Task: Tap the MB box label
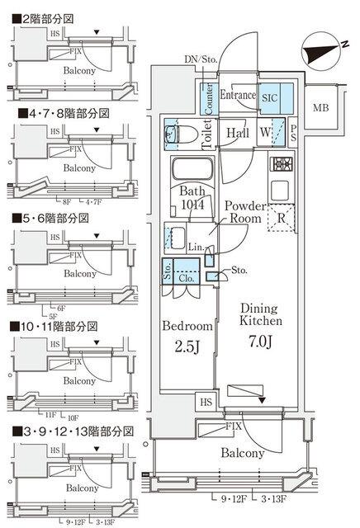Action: coord(320,108)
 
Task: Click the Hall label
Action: coord(239,133)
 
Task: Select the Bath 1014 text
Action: coord(192,198)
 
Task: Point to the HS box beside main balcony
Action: coord(206,402)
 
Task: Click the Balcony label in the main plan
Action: coord(242,453)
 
